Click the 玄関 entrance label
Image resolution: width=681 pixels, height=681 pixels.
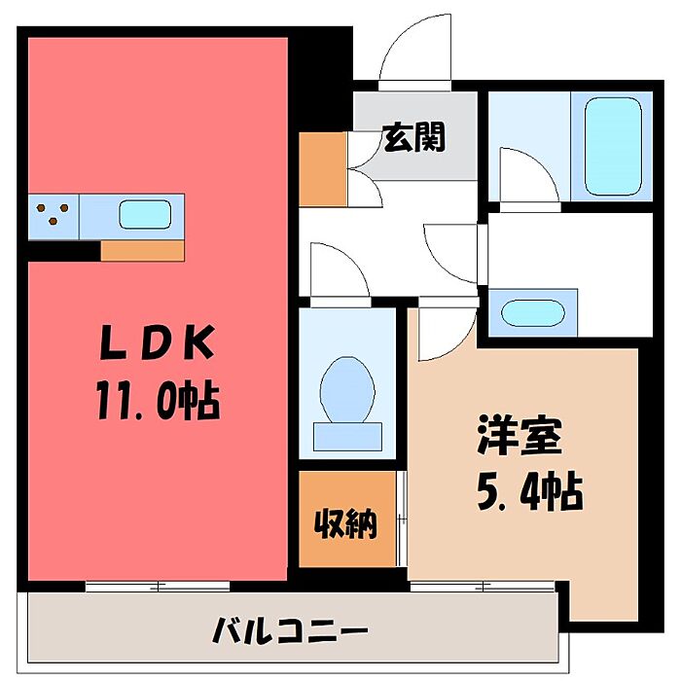tap(414, 137)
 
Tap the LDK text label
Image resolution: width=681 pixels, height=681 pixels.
tap(158, 342)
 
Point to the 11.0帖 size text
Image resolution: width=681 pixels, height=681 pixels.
tap(159, 400)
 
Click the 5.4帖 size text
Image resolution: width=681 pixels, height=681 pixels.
tap(530, 491)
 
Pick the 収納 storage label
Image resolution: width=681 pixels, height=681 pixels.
tap(345, 523)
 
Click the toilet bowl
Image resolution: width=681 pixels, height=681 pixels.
tap(347, 389)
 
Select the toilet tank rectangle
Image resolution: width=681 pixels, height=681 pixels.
tap(348, 437)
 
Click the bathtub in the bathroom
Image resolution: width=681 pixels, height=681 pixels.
tap(613, 146)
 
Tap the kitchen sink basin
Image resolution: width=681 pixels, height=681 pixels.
tap(145, 214)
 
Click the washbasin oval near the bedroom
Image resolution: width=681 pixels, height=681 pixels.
tap(533, 312)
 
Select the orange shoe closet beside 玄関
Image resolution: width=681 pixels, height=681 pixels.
tap(323, 169)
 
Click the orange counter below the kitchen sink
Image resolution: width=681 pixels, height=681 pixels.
tap(142, 251)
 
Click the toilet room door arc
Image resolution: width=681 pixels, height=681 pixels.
tap(349, 260)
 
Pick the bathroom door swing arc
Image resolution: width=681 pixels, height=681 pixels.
tap(539, 164)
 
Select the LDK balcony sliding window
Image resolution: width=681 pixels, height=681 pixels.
tap(158, 587)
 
